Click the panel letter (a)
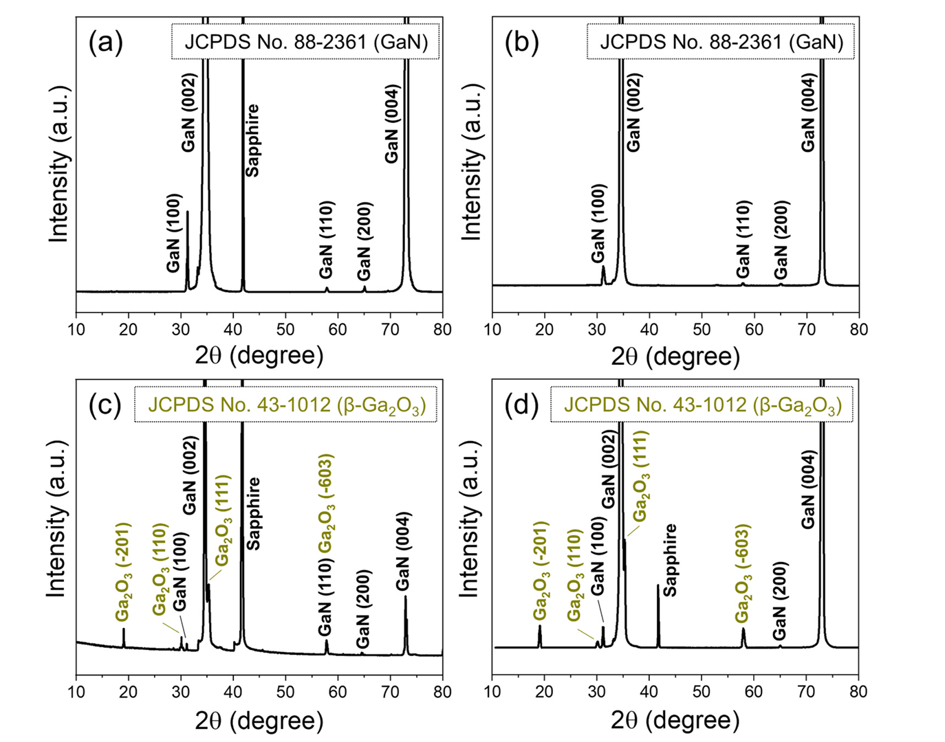105,43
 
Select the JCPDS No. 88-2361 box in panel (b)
721,42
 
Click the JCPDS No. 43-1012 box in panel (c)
286,405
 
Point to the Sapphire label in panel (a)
252,140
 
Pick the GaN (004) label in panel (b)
808,113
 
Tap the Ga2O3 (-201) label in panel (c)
124,572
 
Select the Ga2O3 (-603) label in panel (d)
742,573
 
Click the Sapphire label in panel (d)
670,559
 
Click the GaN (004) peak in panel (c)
406,618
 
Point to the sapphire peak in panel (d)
658,611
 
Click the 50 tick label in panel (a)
285,329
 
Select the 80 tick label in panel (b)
858,329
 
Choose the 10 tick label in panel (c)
76,692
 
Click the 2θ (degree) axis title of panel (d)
675,720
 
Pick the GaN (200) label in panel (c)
363,609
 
